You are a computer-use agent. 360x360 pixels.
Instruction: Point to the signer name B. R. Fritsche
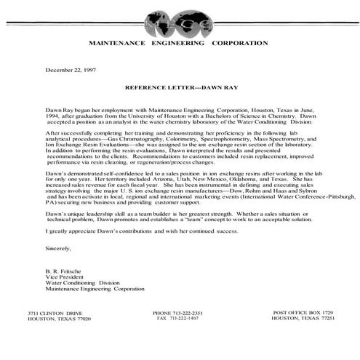65,271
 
